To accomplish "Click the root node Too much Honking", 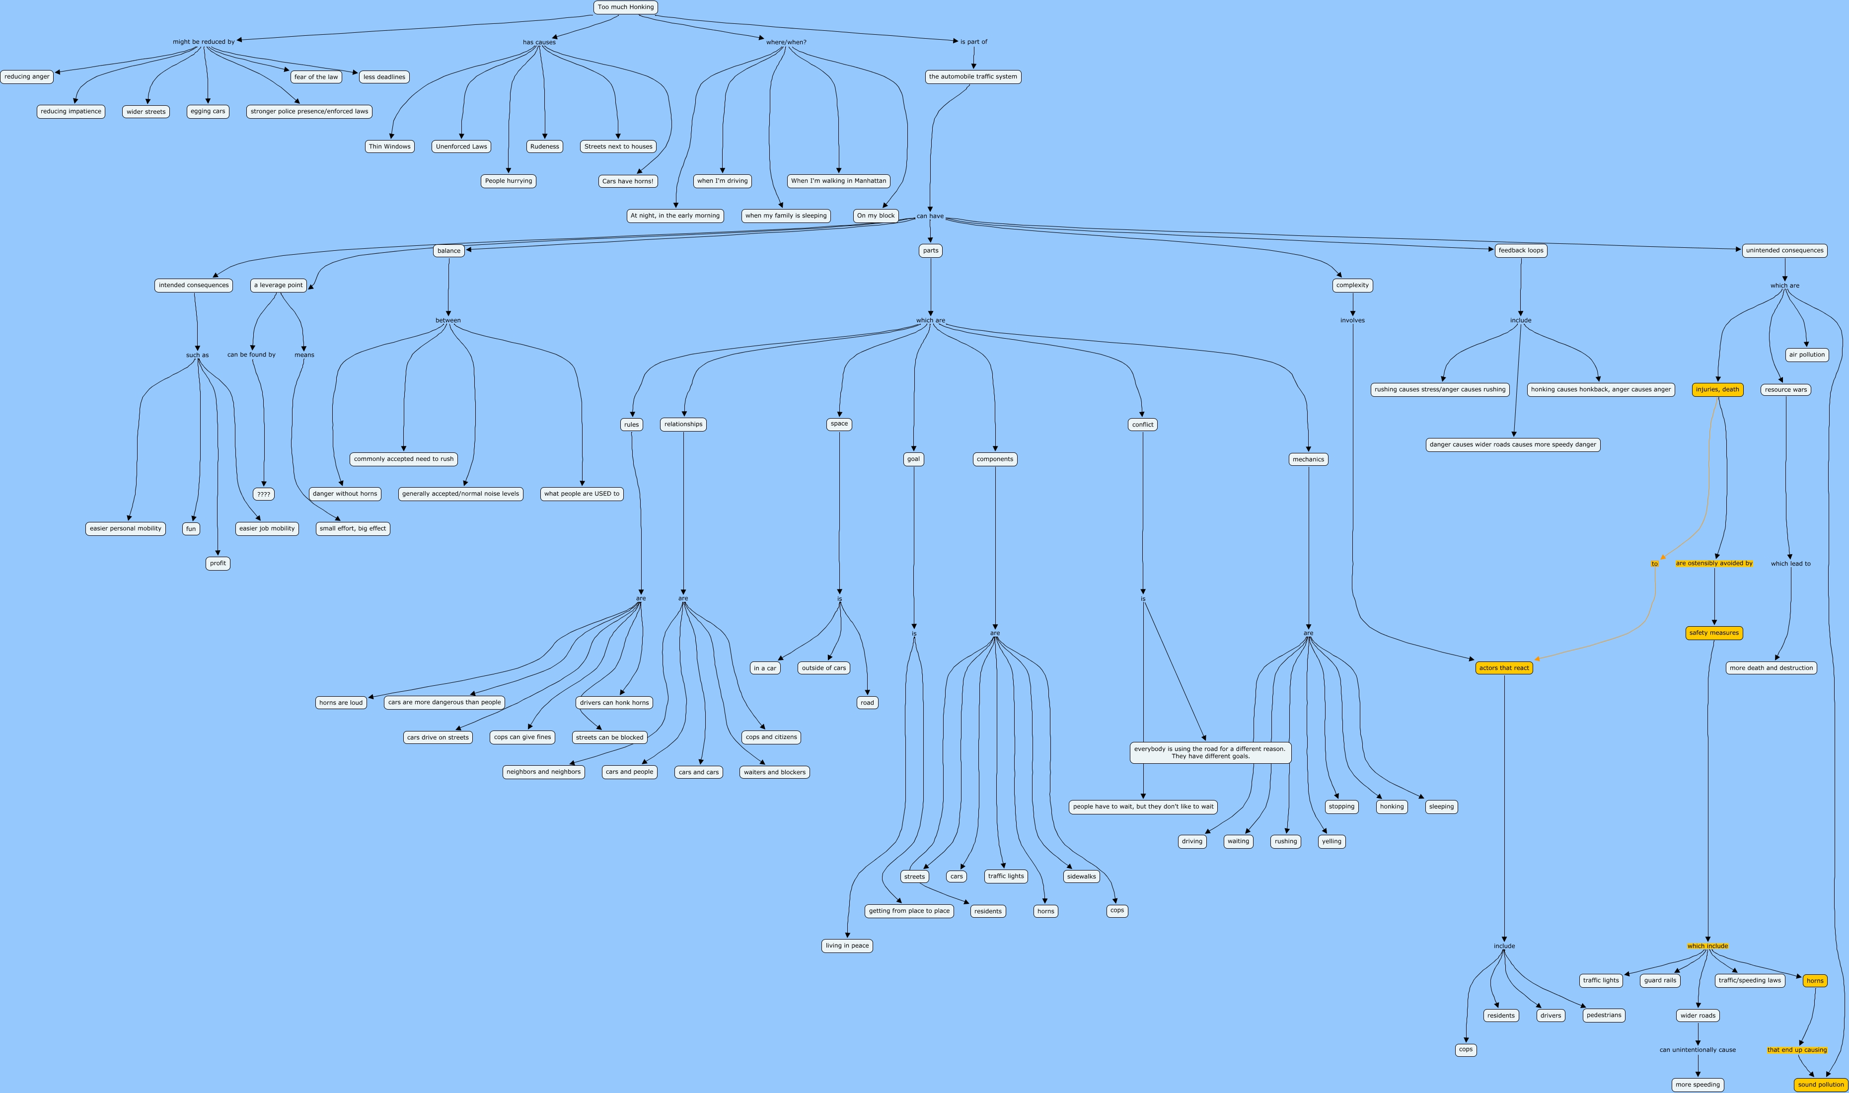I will (x=625, y=7).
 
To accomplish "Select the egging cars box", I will (x=208, y=111).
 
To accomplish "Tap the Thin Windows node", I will (x=389, y=146).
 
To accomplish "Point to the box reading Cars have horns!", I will (x=627, y=181).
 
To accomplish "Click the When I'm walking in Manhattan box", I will (x=838, y=181).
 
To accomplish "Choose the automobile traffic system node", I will (x=973, y=76).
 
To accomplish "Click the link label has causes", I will (x=539, y=42).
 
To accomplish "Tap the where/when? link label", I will (x=786, y=42).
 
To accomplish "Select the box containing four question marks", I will (x=264, y=494).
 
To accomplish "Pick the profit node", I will (x=218, y=564).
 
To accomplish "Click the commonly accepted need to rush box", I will (x=404, y=459).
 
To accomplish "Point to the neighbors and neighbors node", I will (x=543, y=772).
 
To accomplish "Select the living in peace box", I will (x=847, y=946).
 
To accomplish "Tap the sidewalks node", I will (x=1081, y=876).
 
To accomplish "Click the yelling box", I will (x=1331, y=841).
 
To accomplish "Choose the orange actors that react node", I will (x=1504, y=668).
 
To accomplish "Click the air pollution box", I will (x=1807, y=355).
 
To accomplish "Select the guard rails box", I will (x=1660, y=980).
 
